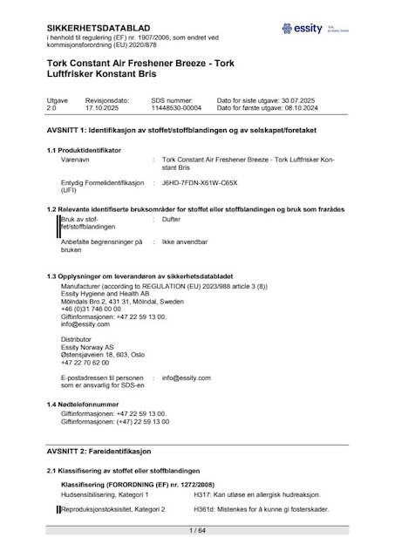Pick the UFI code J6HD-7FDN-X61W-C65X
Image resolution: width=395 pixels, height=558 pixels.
(x=199, y=184)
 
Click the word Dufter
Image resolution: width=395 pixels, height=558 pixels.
(x=171, y=221)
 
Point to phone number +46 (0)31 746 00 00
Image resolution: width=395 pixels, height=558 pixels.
(x=92, y=310)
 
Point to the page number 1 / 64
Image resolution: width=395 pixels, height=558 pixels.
(x=197, y=529)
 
